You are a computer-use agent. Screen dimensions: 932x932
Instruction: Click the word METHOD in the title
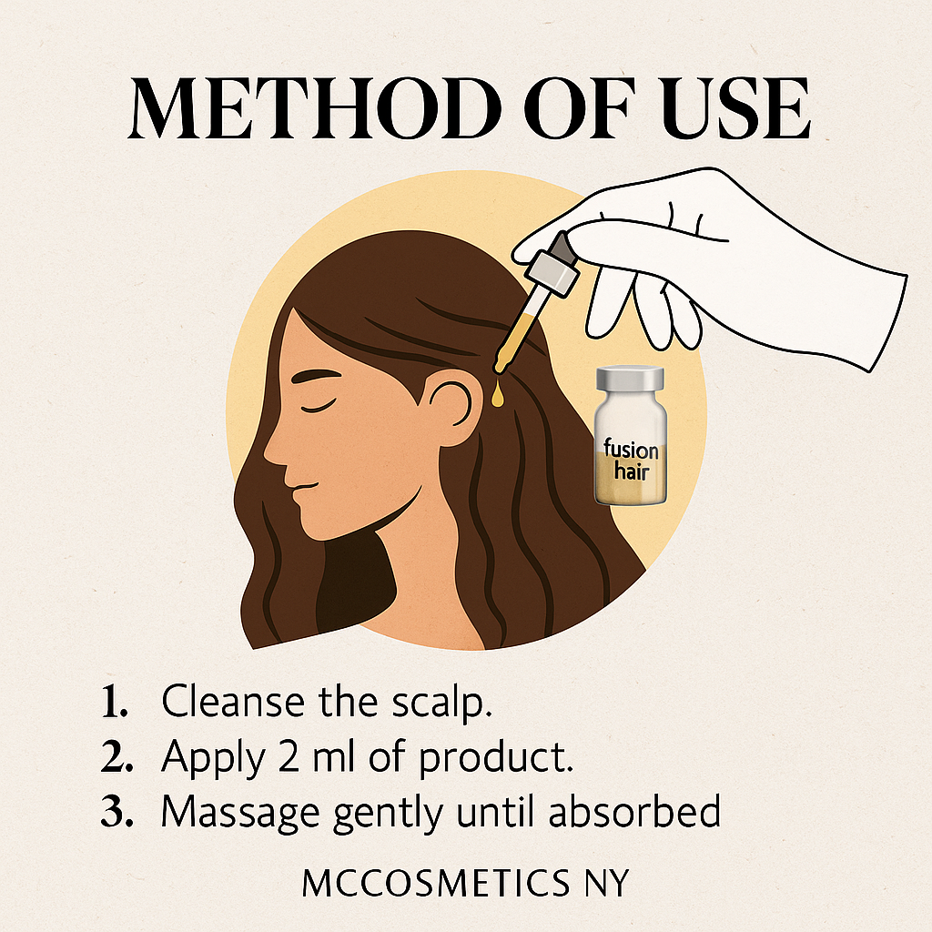tap(314, 109)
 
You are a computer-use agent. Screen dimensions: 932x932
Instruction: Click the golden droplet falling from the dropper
tap(498, 394)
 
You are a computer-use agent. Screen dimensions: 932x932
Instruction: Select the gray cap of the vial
tap(630, 379)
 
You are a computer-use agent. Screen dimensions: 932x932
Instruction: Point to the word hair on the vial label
tap(632, 472)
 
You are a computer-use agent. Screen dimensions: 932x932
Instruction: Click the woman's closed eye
tap(318, 407)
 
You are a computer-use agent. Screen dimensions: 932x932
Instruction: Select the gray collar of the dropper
tap(552, 271)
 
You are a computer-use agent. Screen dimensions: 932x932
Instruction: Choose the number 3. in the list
tap(116, 812)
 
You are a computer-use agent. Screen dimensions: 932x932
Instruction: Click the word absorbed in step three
tap(634, 811)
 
